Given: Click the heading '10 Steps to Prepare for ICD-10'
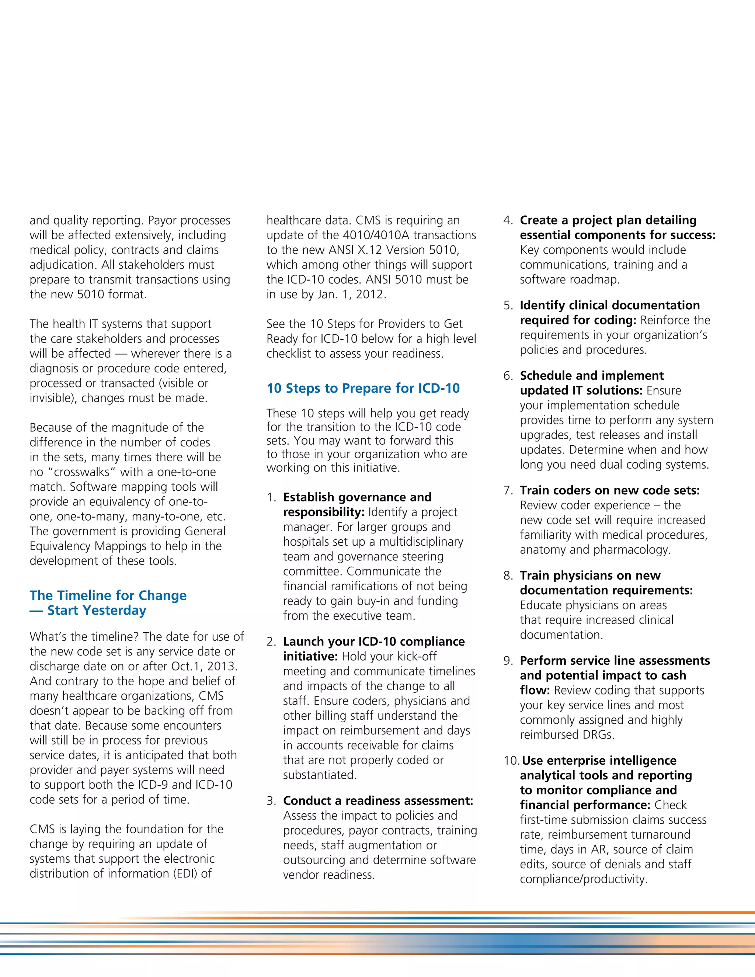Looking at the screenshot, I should pos(363,388).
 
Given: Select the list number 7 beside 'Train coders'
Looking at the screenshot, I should pos(508,491).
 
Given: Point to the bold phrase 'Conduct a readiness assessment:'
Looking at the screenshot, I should pos(378,801).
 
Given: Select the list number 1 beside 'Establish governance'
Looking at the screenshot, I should pos(271,497).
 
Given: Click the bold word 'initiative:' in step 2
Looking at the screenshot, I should pos(310,656).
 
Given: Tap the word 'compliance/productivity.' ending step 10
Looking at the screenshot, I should pos(583,879).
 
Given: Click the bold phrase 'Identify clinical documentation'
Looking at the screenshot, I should pos(610,306).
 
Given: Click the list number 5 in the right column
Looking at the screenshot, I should pos(508,306).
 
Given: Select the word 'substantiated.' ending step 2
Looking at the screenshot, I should pos(320,775).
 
